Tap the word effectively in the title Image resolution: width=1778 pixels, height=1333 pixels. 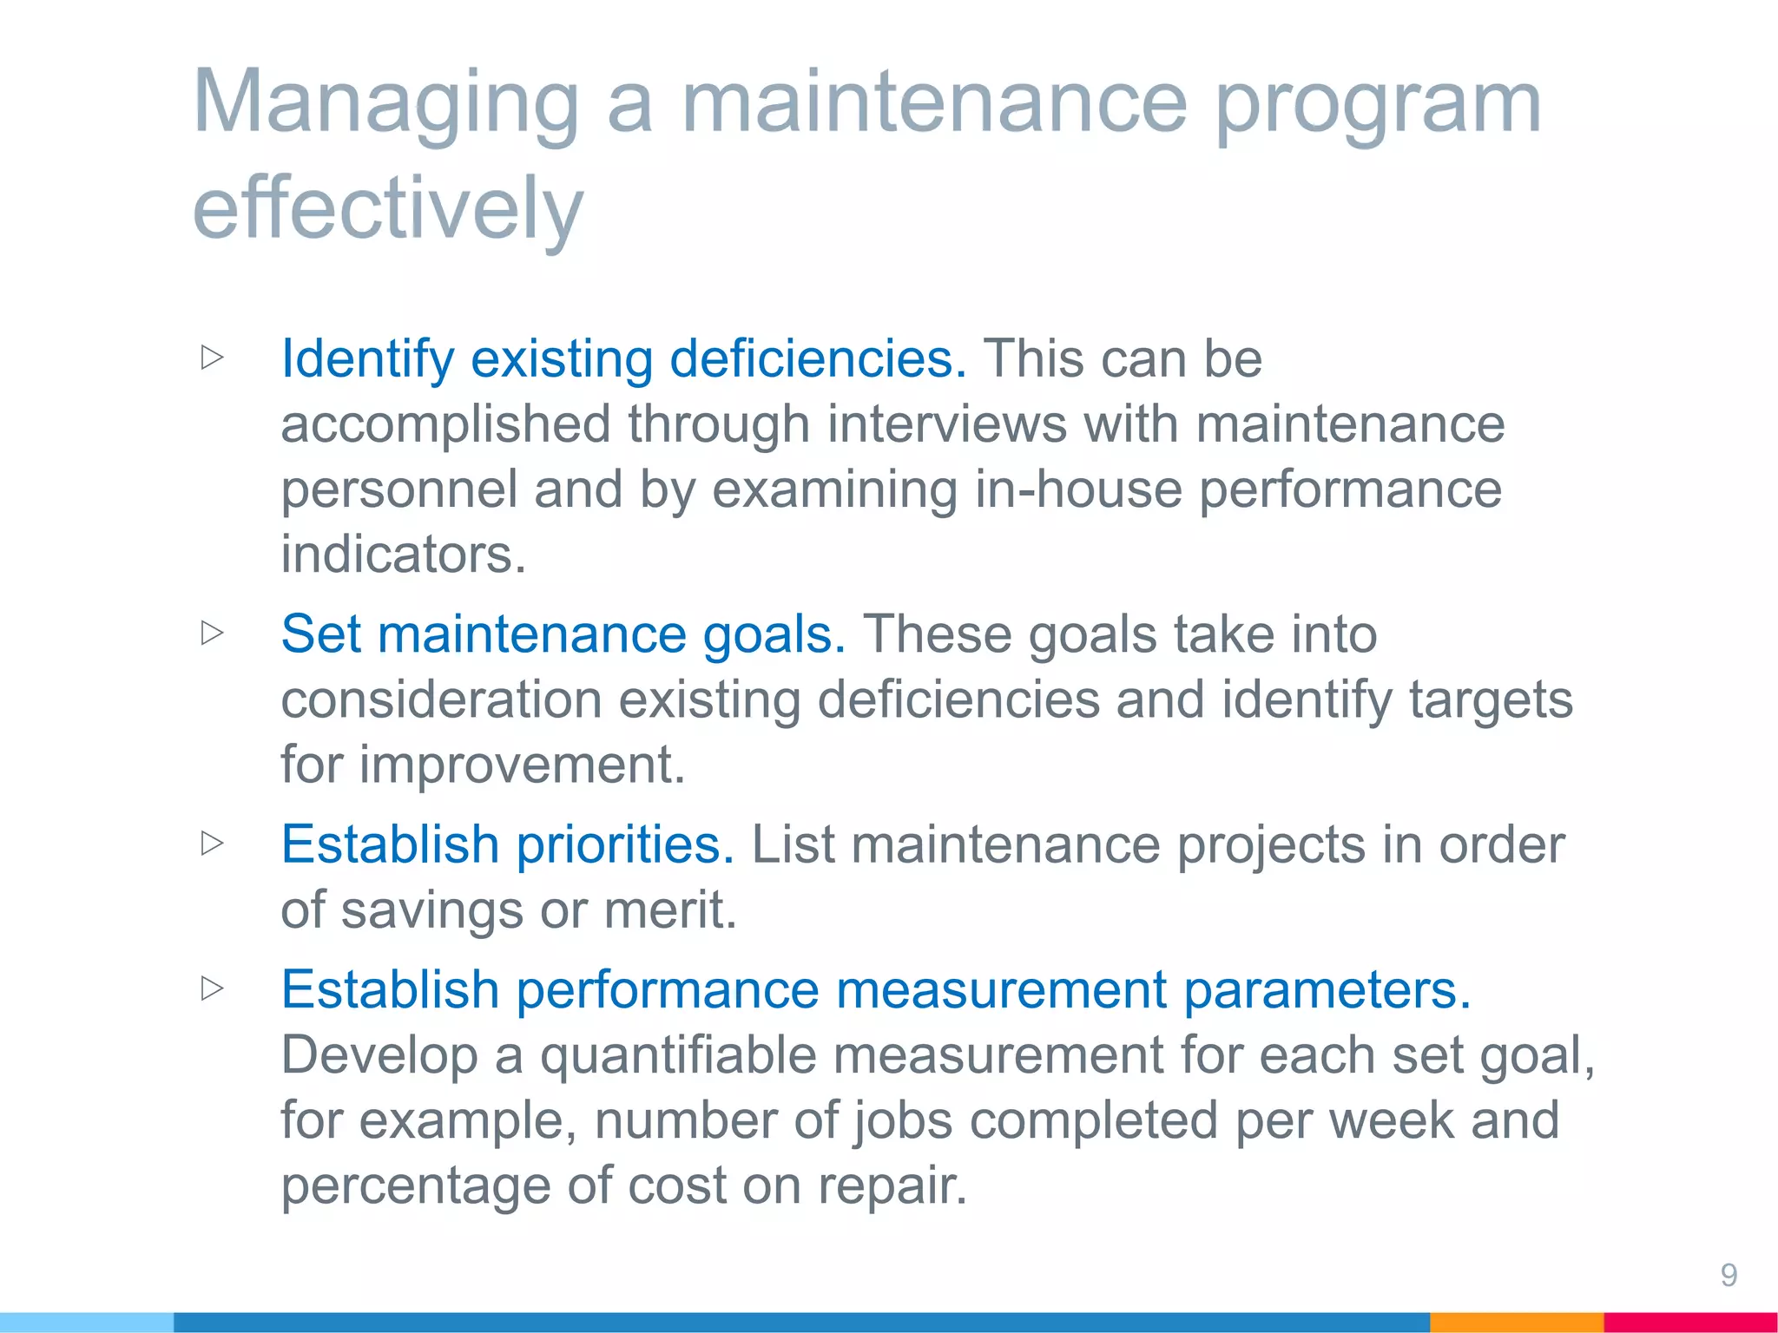pos(388,208)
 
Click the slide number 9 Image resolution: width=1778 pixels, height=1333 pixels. pos(1729,1275)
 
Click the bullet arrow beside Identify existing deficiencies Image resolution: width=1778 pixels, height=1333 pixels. pos(213,358)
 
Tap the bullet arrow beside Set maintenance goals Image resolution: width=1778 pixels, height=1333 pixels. pos(213,633)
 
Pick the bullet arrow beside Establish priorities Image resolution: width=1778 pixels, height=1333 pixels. pos(213,843)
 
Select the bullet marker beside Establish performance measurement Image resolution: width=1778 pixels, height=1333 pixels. pos(213,988)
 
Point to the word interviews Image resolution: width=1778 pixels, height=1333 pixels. pos(946,424)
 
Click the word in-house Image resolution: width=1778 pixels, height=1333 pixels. pos(1077,489)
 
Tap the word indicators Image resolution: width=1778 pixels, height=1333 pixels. pos(403,555)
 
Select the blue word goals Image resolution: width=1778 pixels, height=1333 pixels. pos(774,634)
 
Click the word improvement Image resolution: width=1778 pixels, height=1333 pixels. pos(522,765)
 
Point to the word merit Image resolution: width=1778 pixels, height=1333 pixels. pos(669,910)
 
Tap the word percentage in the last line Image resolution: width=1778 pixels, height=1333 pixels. pos(416,1186)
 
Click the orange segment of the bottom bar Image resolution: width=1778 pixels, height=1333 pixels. pos(1516,1323)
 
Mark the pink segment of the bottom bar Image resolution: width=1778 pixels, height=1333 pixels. pos(1689,1323)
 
